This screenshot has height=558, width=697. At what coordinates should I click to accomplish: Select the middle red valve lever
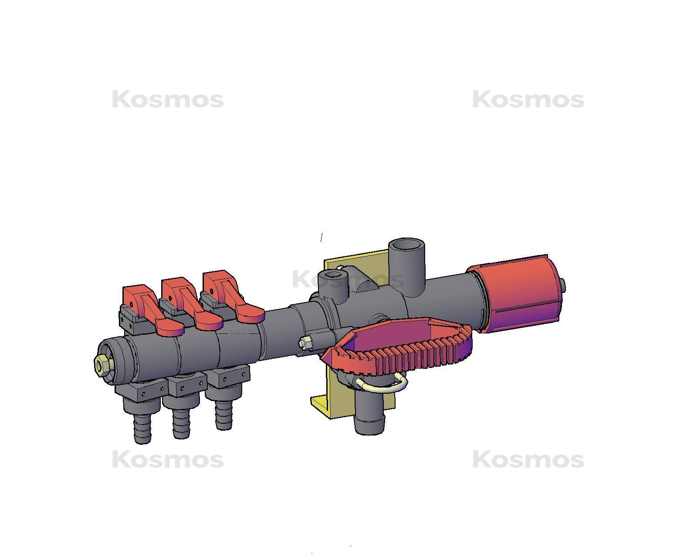point(192,305)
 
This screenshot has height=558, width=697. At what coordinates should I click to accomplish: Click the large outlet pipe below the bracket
point(369,414)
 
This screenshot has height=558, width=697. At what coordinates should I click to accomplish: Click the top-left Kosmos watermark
point(168,100)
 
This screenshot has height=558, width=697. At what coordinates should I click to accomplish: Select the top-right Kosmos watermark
point(528,100)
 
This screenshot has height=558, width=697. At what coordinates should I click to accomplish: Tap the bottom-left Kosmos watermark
point(168,460)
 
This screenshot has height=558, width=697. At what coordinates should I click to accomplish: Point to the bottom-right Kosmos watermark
point(528,460)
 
